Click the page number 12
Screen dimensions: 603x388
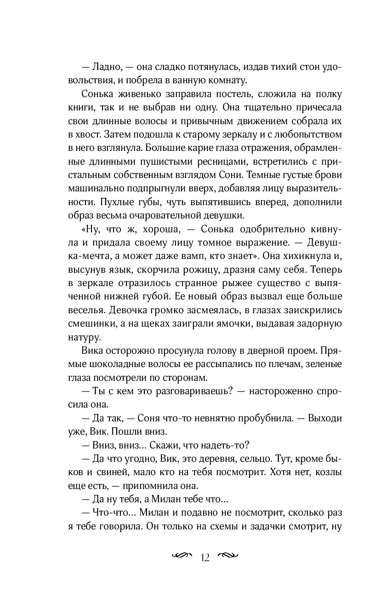click(205, 557)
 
